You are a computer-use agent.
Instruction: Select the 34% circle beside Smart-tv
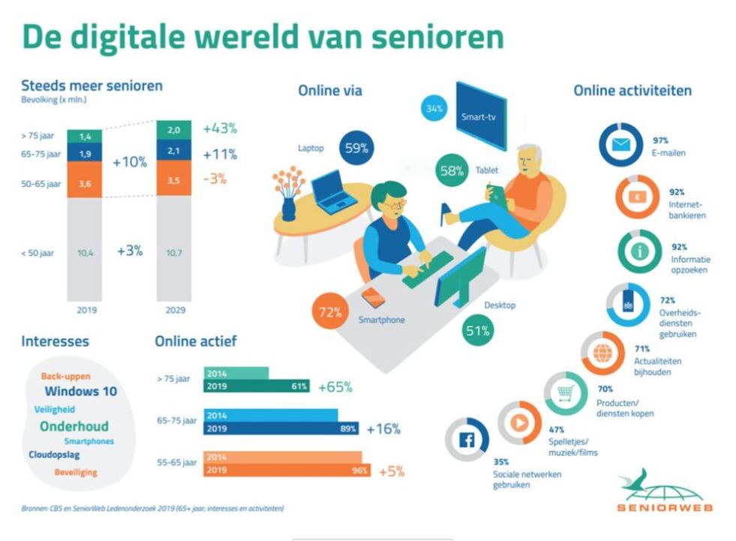point(434,109)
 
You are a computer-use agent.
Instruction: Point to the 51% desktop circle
point(477,330)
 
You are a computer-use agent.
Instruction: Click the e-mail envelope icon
point(620,146)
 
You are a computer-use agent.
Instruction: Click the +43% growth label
point(220,128)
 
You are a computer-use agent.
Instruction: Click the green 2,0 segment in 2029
point(173,129)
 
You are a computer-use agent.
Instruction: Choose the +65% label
point(335,387)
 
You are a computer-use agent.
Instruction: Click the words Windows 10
point(80,391)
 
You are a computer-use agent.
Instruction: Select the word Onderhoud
point(74,425)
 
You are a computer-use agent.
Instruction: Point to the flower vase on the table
point(287,191)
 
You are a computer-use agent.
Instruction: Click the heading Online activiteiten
point(632,91)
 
